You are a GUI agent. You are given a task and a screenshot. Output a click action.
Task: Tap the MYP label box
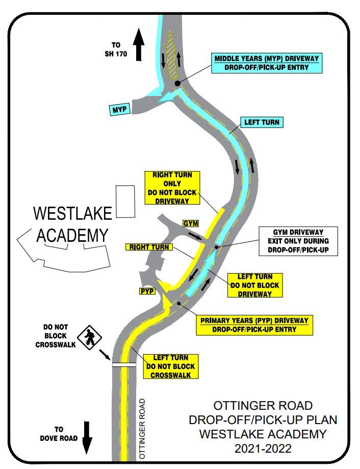[120, 109]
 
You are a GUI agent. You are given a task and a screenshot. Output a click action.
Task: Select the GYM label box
[191, 224]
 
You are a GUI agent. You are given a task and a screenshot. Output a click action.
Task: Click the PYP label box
[147, 291]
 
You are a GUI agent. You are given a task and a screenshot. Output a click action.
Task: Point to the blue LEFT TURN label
[262, 122]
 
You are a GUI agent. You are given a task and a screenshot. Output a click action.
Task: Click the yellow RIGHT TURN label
[149, 247]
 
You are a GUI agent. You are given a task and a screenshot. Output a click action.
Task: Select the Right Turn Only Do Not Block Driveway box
[172, 188]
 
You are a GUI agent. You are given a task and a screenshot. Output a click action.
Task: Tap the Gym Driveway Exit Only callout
[298, 241]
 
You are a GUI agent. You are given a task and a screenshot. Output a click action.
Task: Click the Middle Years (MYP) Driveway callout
[266, 62]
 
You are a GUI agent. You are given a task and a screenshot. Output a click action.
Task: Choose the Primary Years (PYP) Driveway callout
[254, 325]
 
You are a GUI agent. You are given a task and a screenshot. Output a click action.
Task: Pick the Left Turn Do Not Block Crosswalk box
[170, 366]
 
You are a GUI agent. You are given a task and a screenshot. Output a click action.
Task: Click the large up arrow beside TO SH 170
[138, 45]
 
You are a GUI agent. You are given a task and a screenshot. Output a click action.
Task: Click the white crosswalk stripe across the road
[124, 364]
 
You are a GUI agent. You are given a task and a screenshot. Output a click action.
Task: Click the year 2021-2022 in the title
[263, 449]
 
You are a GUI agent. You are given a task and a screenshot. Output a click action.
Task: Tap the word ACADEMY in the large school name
[72, 235]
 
